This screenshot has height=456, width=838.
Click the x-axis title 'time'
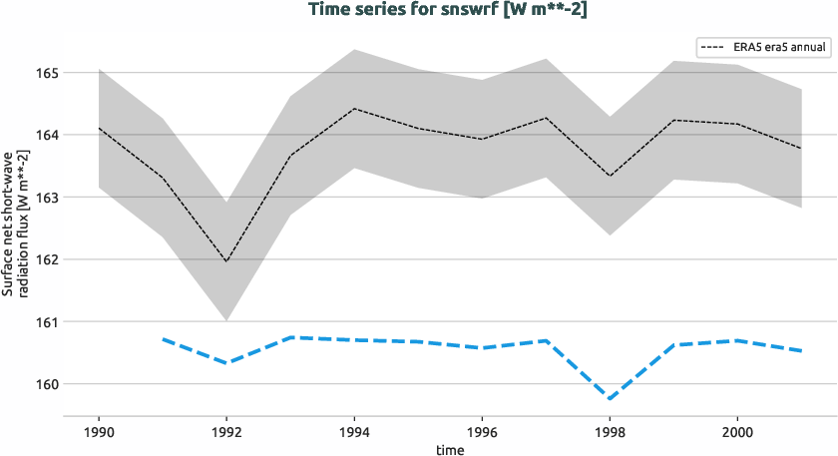click(450, 449)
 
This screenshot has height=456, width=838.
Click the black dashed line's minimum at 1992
click(226, 261)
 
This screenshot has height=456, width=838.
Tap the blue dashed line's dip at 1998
click(610, 399)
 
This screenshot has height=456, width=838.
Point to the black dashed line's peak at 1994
click(354, 108)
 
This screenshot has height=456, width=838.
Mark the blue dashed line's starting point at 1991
click(163, 339)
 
